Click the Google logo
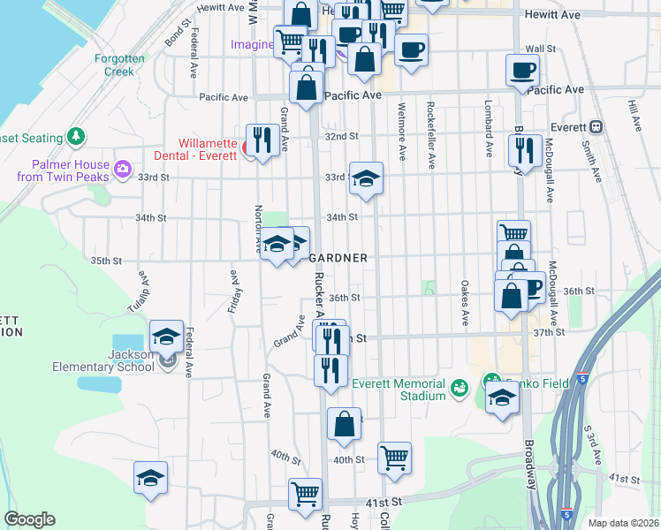29,519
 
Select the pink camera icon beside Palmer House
122,168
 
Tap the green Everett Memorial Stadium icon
459,387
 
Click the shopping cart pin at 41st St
305,493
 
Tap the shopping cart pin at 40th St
394,457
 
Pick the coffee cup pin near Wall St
521,70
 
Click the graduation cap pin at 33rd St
365,178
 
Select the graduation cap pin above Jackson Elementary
165,336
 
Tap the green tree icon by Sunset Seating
77,137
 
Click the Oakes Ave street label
465,303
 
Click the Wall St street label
539,49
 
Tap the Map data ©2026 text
623,523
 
